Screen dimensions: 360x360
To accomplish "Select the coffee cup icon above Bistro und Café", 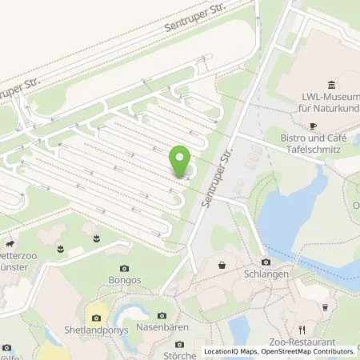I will pos(314,126).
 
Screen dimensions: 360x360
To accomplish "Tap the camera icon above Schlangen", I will pos(266,262).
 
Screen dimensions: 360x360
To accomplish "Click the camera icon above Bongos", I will pos(123,269).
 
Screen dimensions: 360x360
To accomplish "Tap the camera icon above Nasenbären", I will pos(162,316).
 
